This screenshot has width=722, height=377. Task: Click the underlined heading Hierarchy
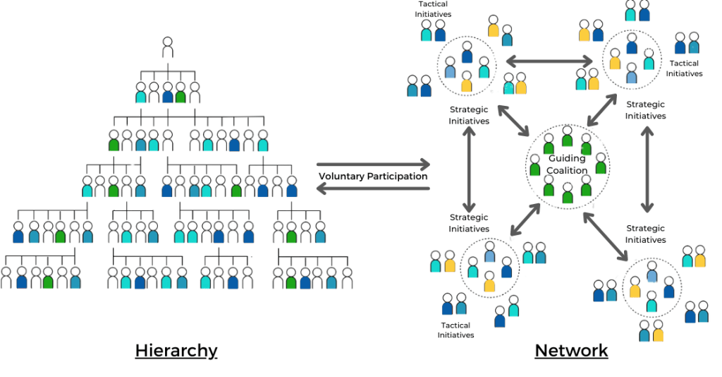click(x=176, y=350)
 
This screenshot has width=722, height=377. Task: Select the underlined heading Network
click(x=571, y=350)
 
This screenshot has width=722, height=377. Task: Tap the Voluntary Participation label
click(x=373, y=176)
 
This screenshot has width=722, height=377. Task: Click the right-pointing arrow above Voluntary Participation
click(x=373, y=164)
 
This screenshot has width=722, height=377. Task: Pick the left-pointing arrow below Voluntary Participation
click(x=373, y=188)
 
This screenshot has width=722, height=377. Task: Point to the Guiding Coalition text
click(x=568, y=164)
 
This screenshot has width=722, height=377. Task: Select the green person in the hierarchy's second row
click(x=181, y=92)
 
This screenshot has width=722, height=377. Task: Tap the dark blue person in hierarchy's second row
click(x=168, y=92)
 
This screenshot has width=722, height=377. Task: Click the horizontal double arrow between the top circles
click(x=549, y=62)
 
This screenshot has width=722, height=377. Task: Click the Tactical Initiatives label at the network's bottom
click(x=455, y=330)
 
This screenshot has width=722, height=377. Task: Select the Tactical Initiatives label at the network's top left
click(x=433, y=9)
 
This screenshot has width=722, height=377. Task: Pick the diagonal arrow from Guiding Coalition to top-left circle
click(x=515, y=120)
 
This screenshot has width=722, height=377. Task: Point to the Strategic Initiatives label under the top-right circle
click(x=645, y=110)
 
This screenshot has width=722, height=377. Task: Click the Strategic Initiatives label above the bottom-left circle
click(x=469, y=223)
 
